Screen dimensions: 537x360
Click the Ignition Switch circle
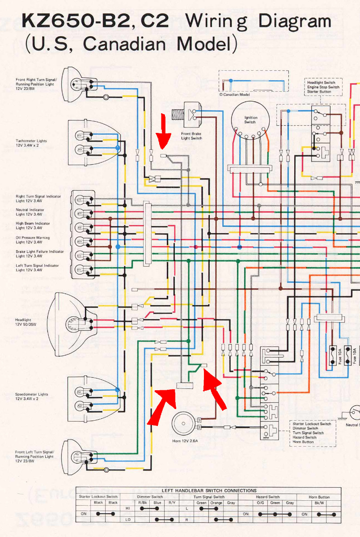(x=250, y=119)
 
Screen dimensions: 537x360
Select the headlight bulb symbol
(x=72, y=322)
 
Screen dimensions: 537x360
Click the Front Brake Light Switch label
(x=191, y=136)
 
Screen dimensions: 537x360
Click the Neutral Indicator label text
(x=30, y=212)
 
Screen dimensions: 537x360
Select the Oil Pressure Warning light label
(x=33, y=240)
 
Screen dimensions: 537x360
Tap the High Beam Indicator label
(x=33, y=226)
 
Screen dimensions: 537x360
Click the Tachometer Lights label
(x=31, y=143)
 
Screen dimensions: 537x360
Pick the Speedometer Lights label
(x=31, y=396)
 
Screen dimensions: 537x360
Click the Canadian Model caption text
(x=234, y=95)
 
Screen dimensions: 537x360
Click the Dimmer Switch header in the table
(x=150, y=497)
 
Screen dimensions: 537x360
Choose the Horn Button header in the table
(x=319, y=497)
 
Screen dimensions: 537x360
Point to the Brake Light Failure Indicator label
(x=40, y=254)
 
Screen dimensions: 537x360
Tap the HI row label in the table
(x=127, y=508)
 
